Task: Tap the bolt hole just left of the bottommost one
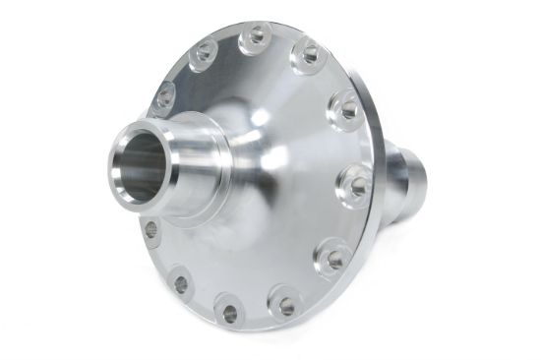180,285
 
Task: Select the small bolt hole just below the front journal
150,228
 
